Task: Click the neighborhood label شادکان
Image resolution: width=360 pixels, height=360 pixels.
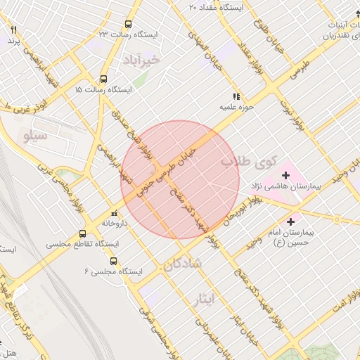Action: (x=181, y=264)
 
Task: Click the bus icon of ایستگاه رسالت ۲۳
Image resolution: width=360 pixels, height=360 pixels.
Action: (x=127, y=23)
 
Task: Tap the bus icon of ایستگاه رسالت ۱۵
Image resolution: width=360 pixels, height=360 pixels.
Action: (x=103, y=79)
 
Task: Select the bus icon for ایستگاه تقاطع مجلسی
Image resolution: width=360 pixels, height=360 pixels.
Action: (x=82, y=233)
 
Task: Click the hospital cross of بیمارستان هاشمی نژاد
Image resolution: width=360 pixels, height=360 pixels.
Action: (x=286, y=175)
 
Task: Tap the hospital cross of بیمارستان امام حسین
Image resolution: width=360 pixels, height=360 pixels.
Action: (x=291, y=222)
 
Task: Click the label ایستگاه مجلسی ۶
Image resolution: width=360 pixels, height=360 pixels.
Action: (x=113, y=271)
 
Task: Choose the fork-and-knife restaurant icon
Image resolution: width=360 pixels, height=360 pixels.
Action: (x=13, y=30)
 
